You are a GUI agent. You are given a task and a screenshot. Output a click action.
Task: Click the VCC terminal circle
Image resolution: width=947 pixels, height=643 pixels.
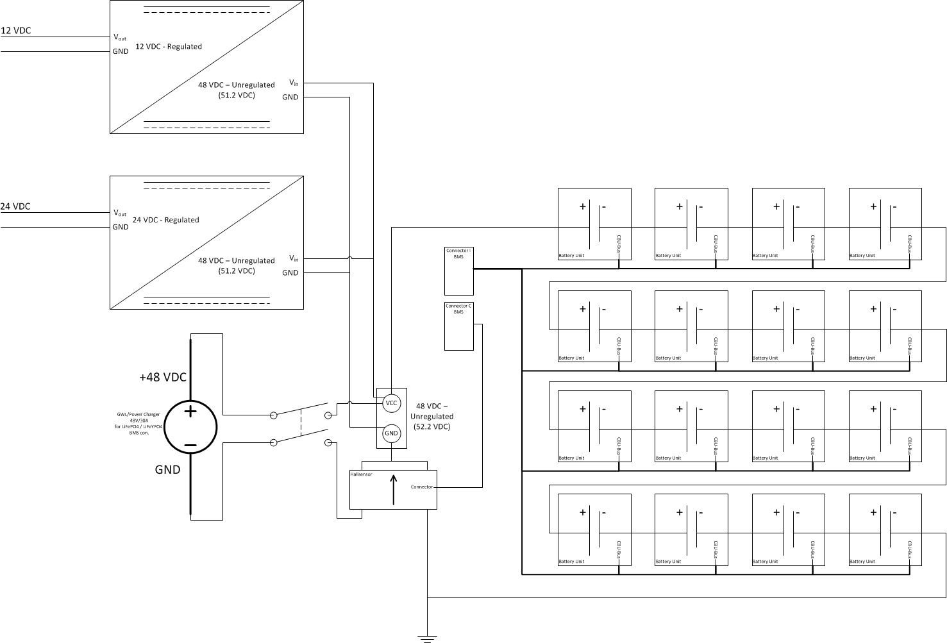pyautogui.click(x=391, y=403)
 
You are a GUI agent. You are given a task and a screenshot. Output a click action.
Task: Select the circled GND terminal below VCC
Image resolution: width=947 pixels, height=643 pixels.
pyautogui.click(x=391, y=433)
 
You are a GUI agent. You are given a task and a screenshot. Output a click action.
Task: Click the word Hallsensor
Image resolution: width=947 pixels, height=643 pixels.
pyautogui.click(x=361, y=474)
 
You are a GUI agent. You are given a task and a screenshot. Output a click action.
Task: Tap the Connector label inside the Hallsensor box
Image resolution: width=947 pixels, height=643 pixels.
pyautogui.click(x=422, y=487)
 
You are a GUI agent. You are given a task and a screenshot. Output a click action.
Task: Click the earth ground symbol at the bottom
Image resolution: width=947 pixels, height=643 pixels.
pyautogui.click(x=427, y=637)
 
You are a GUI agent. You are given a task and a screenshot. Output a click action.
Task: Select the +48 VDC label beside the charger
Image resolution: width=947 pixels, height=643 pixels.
pyautogui.click(x=163, y=377)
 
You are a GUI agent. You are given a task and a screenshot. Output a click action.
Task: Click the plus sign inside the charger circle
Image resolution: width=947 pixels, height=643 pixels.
pyautogui.click(x=190, y=412)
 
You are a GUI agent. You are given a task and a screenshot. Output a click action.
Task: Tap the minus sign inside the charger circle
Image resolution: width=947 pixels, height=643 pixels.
pyautogui.click(x=190, y=444)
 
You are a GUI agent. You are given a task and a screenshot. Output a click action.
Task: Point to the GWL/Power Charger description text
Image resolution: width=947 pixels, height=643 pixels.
pyautogui.click(x=138, y=424)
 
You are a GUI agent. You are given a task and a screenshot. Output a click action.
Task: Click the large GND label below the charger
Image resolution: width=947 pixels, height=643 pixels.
pyautogui.click(x=167, y=469)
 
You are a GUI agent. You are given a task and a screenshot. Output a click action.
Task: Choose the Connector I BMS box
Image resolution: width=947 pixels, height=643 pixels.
pyautogui.click(x=459, y=270)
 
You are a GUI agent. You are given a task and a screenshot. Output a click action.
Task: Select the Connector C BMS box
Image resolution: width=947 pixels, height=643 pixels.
pyautogui.click(x=459, y=326)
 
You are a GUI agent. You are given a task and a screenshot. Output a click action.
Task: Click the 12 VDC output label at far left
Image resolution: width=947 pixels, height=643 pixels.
pyautogui.click(x=16, y=30)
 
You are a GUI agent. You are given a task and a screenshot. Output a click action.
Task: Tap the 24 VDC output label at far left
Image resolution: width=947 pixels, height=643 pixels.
pyautogui.click(x=15, y=206)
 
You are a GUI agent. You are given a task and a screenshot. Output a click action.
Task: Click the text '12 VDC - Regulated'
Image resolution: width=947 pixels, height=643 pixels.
pyautogui.click(x=168, y=46)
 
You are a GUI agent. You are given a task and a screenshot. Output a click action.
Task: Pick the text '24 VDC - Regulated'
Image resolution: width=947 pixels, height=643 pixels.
pyautogui.click(x=165, y=220)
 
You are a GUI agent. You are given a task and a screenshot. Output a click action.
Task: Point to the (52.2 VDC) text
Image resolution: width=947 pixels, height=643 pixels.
pyautogui.click(x=432, y=426)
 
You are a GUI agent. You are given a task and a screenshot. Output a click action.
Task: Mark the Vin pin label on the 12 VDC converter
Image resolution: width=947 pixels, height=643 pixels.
pyautogui.click(x=294, y=83)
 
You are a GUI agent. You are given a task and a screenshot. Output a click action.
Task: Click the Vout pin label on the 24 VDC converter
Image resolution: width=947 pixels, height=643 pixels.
pyautogui.click(x=120, y=213)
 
